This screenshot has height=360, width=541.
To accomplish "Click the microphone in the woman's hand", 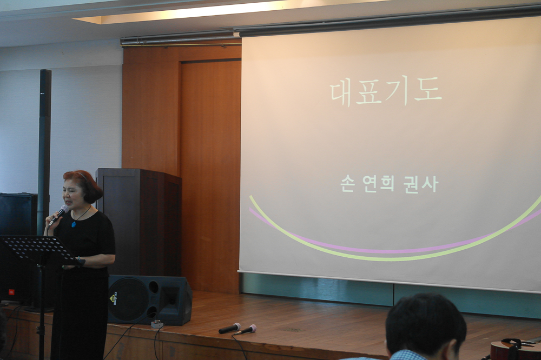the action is (58, 215).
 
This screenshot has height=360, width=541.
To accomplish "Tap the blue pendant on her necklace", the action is (74, 224).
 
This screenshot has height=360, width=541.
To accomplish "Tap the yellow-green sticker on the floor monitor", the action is (113, 298).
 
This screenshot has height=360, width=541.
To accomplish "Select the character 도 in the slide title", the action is (428, 90).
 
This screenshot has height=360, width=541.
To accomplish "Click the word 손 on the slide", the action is (347, 184).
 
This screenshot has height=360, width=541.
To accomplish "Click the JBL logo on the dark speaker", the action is (12, 292).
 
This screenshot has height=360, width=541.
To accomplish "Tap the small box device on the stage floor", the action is (157, 323).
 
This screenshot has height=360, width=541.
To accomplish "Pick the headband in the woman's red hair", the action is (82, 176).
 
